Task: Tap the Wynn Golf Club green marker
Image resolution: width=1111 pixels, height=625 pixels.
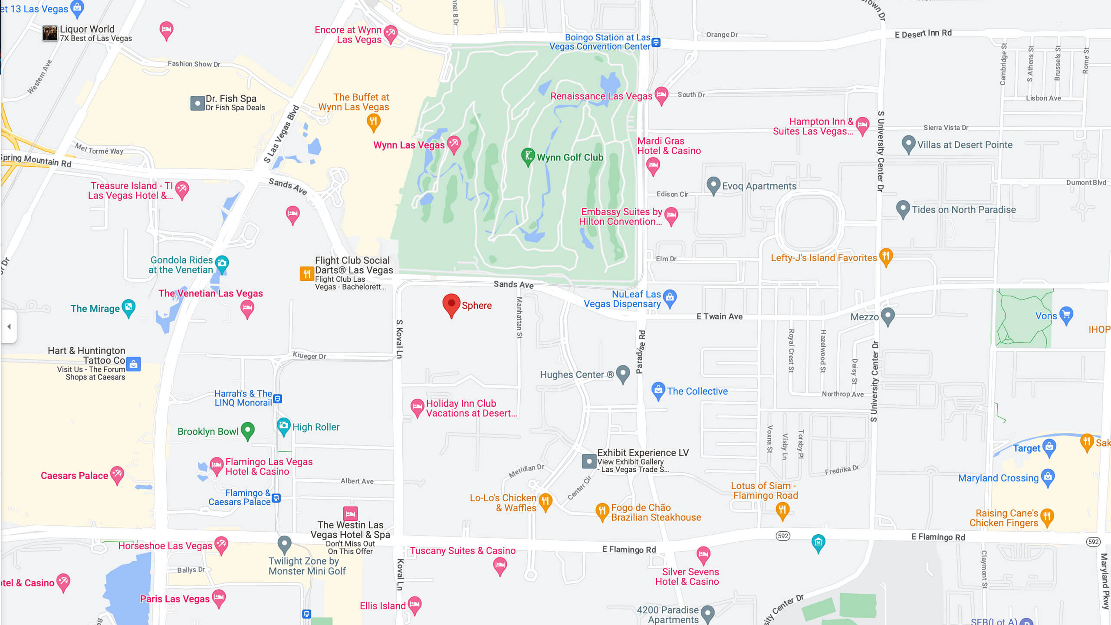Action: [528, 157]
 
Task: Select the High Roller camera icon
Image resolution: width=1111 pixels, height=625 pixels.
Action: [283, 426]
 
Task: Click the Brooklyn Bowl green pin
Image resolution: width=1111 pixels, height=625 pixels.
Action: [247, 430]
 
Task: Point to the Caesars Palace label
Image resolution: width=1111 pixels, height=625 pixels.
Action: [74, 476]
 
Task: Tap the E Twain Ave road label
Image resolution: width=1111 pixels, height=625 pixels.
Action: [719, 316]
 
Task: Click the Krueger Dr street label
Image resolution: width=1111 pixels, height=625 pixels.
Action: [309, 356]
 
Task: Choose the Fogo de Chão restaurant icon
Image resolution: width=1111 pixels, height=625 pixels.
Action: [602, 511]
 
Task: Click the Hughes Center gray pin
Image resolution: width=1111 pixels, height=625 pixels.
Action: [623, 373]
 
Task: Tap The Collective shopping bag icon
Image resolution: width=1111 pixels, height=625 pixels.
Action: [658, 390]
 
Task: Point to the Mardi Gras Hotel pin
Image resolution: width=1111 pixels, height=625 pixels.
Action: [653, 166]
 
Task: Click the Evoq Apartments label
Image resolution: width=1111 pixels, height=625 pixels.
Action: [759, 186]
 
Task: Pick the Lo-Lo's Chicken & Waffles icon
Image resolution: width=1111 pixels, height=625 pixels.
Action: [546, 502]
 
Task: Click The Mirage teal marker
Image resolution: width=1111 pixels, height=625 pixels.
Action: [128, 308]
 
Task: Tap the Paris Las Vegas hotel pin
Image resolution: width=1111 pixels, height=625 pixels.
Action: [219, 598]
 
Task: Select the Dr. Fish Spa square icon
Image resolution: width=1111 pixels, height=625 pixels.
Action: [197, 103]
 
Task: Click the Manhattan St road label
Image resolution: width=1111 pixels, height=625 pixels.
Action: [519, 317]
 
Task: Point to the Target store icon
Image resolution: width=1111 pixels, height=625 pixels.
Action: [1049, 447]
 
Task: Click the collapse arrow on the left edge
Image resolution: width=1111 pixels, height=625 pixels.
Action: [9, 326]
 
